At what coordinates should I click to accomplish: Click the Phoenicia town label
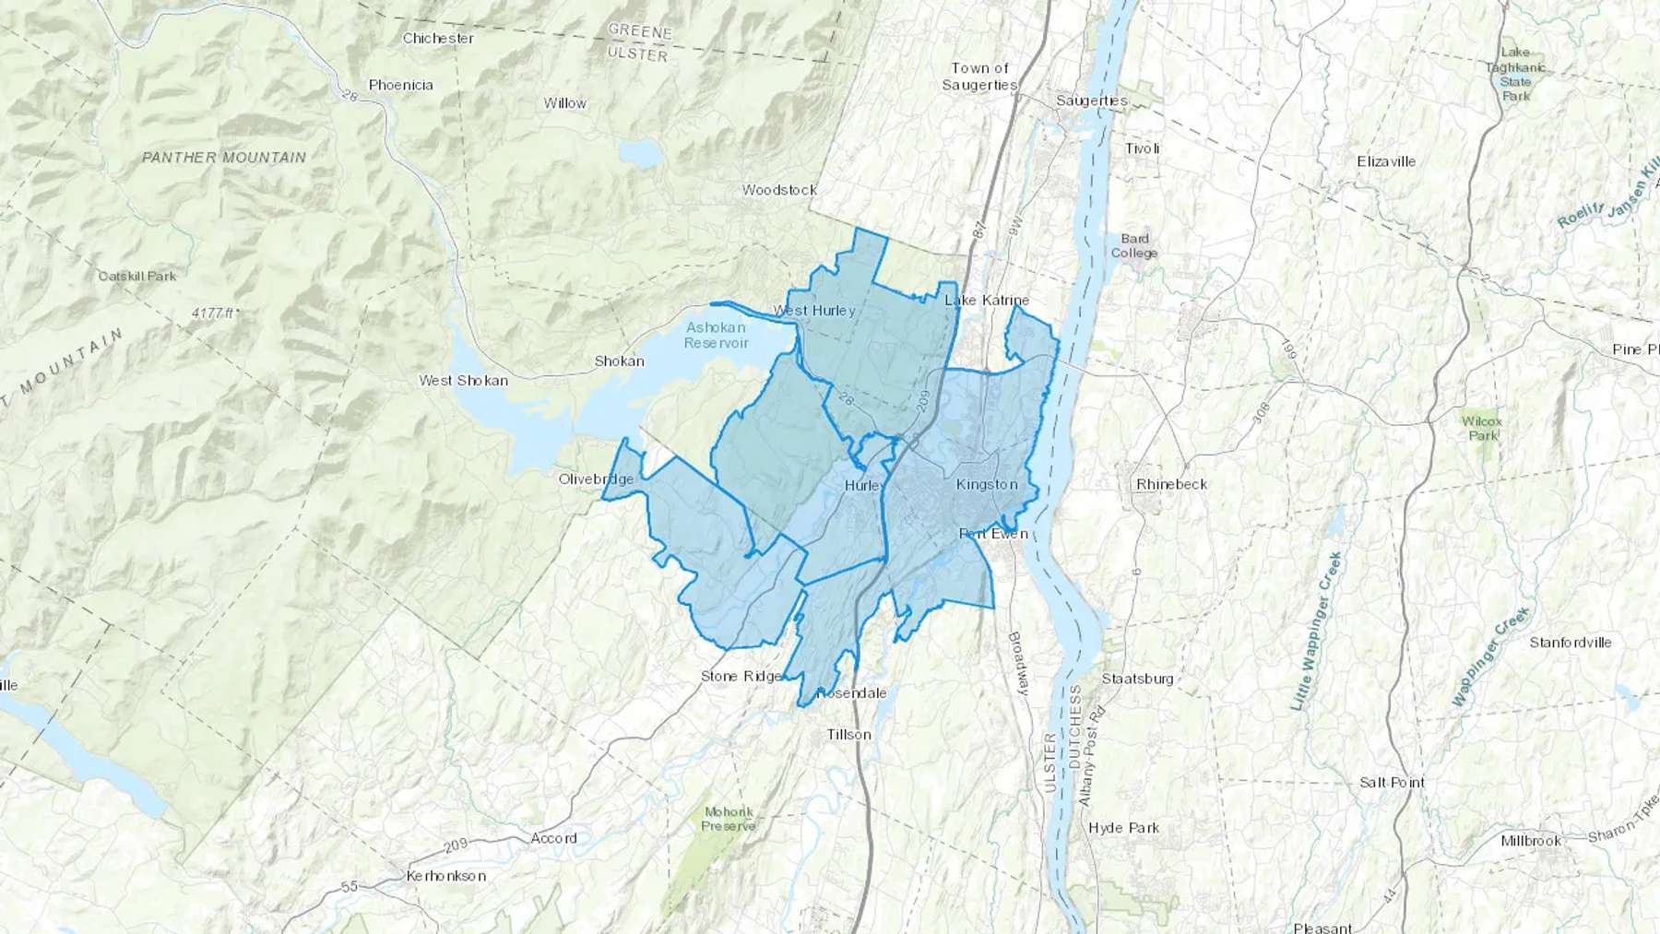pos(400,85)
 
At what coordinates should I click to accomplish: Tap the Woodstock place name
pos(779,190)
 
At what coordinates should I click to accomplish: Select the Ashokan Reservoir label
pos(716,335)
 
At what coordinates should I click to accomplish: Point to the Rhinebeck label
pos(1171,484)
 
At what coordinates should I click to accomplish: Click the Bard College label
pos(1133,246)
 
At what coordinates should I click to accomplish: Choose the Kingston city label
pos(987,485)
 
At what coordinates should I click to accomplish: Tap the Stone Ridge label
pos(741,676)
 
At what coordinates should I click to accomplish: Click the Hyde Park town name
pos(1123,828)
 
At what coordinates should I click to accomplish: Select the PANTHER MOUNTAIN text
pos(224,158)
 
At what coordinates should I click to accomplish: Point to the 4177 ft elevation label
pos(214,313)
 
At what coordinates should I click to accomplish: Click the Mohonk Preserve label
pos(728,819)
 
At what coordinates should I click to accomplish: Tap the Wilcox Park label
pos(1481,428)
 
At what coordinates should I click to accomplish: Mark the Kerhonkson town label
pos(446,875)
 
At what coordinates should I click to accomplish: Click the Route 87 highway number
pos(978,227)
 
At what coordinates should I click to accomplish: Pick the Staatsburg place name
pos(1137,679)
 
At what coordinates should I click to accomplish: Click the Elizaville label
pos(1386,161)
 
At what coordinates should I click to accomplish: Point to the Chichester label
pos(438,39)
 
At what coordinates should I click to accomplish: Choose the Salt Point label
pos(1392,783)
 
